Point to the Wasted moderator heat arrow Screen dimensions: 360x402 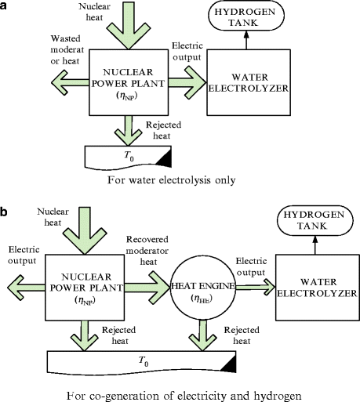70,83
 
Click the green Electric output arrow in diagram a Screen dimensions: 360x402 187,82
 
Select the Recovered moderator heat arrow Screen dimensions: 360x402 147,288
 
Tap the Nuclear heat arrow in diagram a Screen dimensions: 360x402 129,26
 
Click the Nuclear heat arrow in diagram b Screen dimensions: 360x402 85,230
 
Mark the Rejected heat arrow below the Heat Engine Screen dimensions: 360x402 202,335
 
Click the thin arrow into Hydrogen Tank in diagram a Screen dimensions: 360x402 246,40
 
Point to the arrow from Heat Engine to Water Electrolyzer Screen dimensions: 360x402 255,288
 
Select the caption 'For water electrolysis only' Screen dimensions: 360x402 172,180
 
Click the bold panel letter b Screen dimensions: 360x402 4,212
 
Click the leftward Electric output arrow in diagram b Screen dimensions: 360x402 26,288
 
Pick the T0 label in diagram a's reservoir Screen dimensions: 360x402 129,156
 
